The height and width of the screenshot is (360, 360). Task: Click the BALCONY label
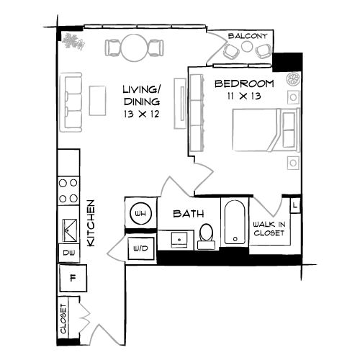(248, 36)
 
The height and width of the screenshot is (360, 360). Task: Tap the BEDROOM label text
(244, 84)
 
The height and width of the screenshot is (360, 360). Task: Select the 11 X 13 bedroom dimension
(244, 96)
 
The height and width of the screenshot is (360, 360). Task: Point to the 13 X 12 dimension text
(142, 114)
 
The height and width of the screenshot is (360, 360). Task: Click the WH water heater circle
(140, 213)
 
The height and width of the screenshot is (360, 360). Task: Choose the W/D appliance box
(141, 248)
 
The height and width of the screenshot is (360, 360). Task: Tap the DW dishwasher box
(69, 253)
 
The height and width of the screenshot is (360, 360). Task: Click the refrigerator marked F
(73, 278)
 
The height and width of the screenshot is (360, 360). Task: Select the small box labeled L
(295, 205)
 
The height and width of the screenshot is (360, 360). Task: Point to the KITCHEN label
(91, 223)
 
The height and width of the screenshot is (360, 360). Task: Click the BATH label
(189, 214)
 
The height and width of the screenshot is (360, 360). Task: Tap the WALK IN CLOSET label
(269, 229)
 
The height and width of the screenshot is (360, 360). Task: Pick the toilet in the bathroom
(206, 237)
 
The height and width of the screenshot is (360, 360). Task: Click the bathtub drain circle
(235, 239)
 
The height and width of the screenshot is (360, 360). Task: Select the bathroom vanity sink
(179, 240)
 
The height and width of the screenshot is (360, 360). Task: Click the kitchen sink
(70, 230)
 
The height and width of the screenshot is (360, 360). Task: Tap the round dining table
(134, 48)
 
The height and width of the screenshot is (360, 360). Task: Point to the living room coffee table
(97, 101)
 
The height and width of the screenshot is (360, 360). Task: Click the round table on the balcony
(247, 47)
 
